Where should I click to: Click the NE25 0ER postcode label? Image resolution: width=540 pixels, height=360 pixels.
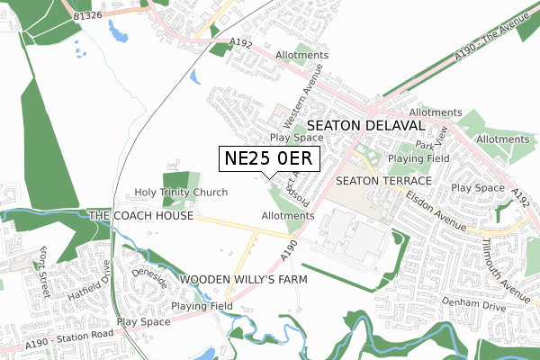268,158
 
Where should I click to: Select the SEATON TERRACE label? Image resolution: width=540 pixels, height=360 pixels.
384,181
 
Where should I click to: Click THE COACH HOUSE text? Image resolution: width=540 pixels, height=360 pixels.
141,217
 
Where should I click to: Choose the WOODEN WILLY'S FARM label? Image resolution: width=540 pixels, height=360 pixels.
244,280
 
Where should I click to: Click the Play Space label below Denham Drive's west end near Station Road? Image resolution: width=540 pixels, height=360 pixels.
143,321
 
